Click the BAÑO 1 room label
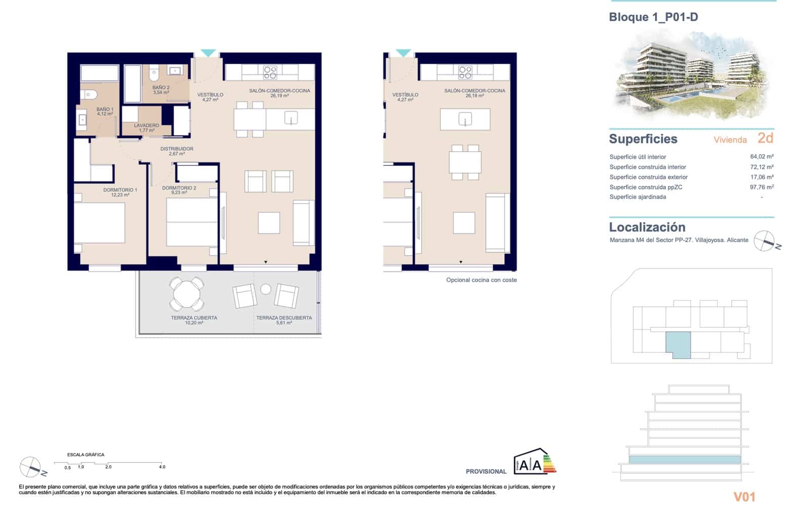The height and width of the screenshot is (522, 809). coord(105,109)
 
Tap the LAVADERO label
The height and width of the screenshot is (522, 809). coord(146,125)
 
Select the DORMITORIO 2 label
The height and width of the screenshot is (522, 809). coord(179,188)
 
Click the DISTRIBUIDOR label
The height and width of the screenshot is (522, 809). coord(176,149)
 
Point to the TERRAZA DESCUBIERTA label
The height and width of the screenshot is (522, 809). coord(284,318)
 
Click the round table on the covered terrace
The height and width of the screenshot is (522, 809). coord(187,294)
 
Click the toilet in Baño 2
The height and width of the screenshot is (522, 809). coord(154,75)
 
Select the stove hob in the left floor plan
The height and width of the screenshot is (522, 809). coord(270,72)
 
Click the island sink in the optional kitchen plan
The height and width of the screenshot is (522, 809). coord(465,119)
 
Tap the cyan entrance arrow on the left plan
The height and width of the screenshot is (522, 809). coord(208,53)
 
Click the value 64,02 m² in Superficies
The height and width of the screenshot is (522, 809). coord(761,157)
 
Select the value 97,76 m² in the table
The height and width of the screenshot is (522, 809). coord(761,187)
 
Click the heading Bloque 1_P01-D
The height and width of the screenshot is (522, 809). coord(653,17)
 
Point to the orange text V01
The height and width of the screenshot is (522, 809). coord(744,497)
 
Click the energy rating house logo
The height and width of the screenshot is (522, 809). coord(534,462)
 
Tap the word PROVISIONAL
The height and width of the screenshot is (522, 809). coord(486,471)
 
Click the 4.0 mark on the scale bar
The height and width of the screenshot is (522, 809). coord(162,467)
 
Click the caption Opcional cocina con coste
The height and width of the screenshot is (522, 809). coord(481,280)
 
